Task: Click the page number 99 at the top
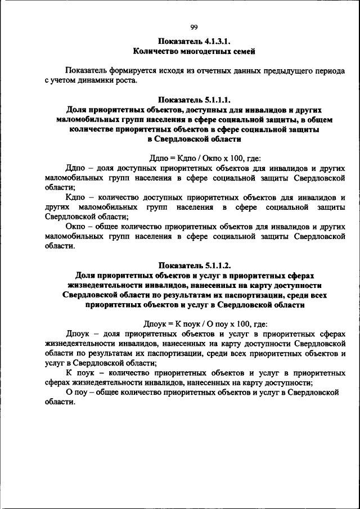194,27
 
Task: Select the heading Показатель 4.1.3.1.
194,41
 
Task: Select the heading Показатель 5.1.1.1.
194,100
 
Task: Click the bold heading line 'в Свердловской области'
194,139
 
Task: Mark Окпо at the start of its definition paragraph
76,227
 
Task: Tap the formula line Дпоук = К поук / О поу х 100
205,324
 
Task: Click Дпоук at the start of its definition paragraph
78,334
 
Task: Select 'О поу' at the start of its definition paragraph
76,392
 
